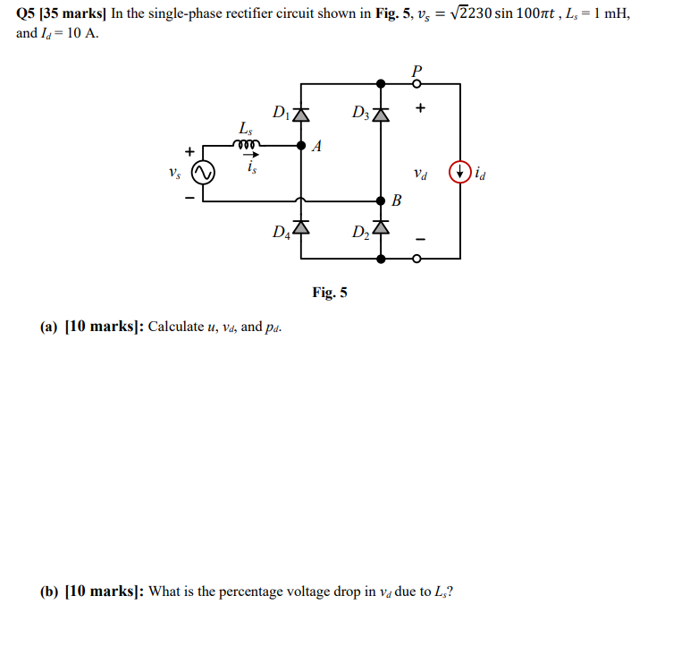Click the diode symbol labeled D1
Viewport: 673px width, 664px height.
(x=301, y=115)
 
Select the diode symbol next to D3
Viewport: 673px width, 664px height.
(x=382, y=115)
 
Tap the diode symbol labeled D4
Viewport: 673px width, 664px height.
(x=301, y=228)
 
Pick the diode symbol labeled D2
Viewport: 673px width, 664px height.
(x=382, y=228)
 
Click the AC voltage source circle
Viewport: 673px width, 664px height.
(x=204, y=172)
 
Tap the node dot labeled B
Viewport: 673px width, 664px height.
(x=382, y=201)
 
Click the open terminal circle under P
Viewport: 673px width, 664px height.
(x=416, y=83)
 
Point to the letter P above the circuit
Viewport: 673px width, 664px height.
(x=416, y=69)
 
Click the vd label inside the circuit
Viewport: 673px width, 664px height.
(x=421, y=172)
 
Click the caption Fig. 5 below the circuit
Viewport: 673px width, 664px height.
(x=330, y=292)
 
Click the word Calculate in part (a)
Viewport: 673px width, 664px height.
(x=175, y=326)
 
